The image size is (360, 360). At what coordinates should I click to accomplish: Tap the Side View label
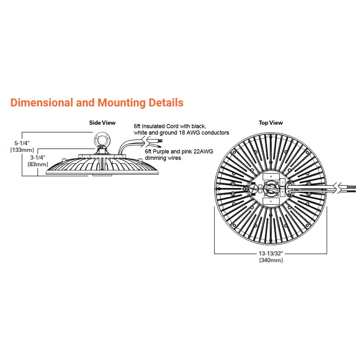point(102,123)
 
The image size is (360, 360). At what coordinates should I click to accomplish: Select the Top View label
point(271,123)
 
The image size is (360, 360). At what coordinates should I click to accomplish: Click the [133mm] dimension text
point(22,149)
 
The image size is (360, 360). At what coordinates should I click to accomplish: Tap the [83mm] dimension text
point(38,164)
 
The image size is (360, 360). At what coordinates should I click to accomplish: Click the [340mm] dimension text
point(271,260)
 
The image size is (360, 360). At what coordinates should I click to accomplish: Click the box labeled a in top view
point(271,177)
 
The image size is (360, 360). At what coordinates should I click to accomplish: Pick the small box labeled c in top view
point(283,183)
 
